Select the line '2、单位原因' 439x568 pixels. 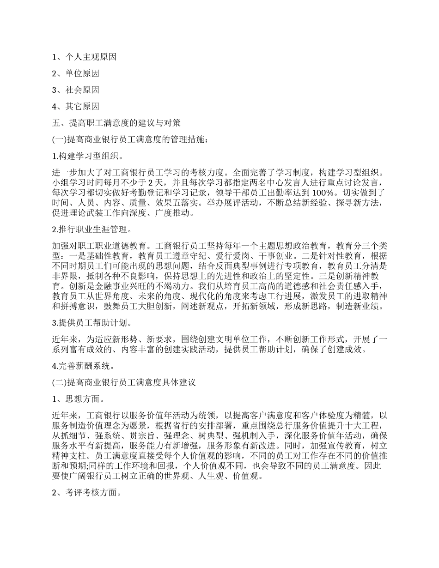tap(76, 73)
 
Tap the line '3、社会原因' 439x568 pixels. tap(76, 90)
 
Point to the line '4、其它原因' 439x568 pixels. tap(76, 107)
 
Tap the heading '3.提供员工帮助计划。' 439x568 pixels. tap(92, 322)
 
